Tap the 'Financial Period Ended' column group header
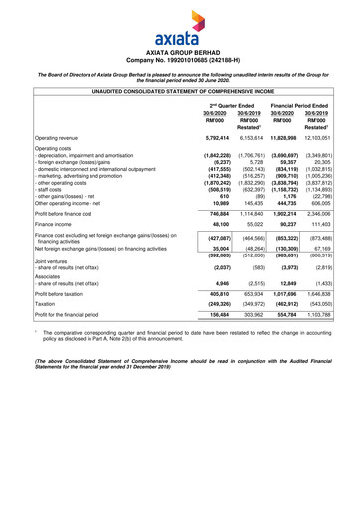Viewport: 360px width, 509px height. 313,106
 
